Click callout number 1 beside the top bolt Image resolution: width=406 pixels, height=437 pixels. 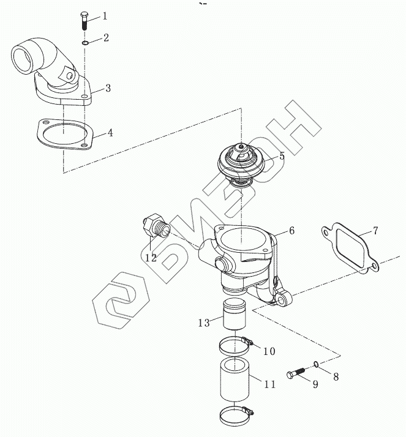click(104, 15)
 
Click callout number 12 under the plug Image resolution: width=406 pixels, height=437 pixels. click(151, 258)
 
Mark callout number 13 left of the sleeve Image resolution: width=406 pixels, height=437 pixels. click(204, 323)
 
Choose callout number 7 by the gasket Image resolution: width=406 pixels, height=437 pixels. click(375, 231)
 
